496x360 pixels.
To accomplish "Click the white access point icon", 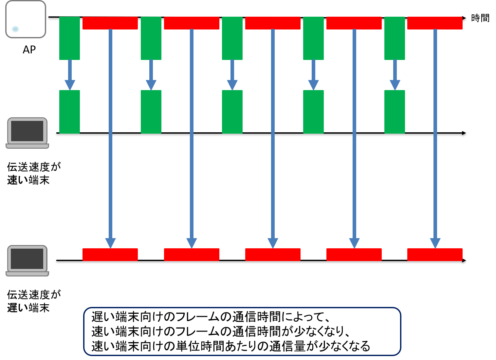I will pyautogui.click(x=26, y=19).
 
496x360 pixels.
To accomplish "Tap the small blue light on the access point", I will pyautogui.click(x=15, y=29).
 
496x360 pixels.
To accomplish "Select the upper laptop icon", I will pyautogui.click(x=27, y=133).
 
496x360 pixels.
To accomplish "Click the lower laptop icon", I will pyautogui.click(x=27, y=261).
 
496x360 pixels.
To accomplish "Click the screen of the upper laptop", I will pyautogui.click(x=27, y=131).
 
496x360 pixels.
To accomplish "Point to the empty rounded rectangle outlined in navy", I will pyautogui.click(x=242, y=331).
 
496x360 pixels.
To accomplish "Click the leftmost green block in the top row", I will pyautogui.click(x=69, y=38).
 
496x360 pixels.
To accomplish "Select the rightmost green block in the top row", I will pyautogui.click(x=395, y=38).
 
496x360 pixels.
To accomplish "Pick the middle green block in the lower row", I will pyautogui.click(x=232, y=112).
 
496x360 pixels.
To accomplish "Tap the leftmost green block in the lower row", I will pyautogui.click(x=69, y=112).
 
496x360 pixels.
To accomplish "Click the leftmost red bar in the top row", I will pyautogui.click(x=110, y=23).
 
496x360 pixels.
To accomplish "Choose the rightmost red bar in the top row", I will pyautogui.click(x=435, y=23).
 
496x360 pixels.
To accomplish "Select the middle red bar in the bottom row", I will pyautogui.click(x=273, y=255).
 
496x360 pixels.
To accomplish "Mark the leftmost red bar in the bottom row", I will pyautogui.click(x=110, y=255).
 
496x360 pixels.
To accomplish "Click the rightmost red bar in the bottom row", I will pyautogui.click(x=435, y=255).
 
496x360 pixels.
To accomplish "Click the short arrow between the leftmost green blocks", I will pyautogui.click(x=70, y=75).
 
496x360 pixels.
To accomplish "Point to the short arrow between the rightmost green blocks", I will pyautogui.click(x=395, y=75).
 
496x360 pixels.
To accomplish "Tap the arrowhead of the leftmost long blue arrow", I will pyautogui.click(x=110, y=243).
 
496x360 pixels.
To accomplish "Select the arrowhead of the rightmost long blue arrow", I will pyautogui.click(x=435, y=243).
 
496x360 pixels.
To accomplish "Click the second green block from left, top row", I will pyautogui.click(x=151, y=38).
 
